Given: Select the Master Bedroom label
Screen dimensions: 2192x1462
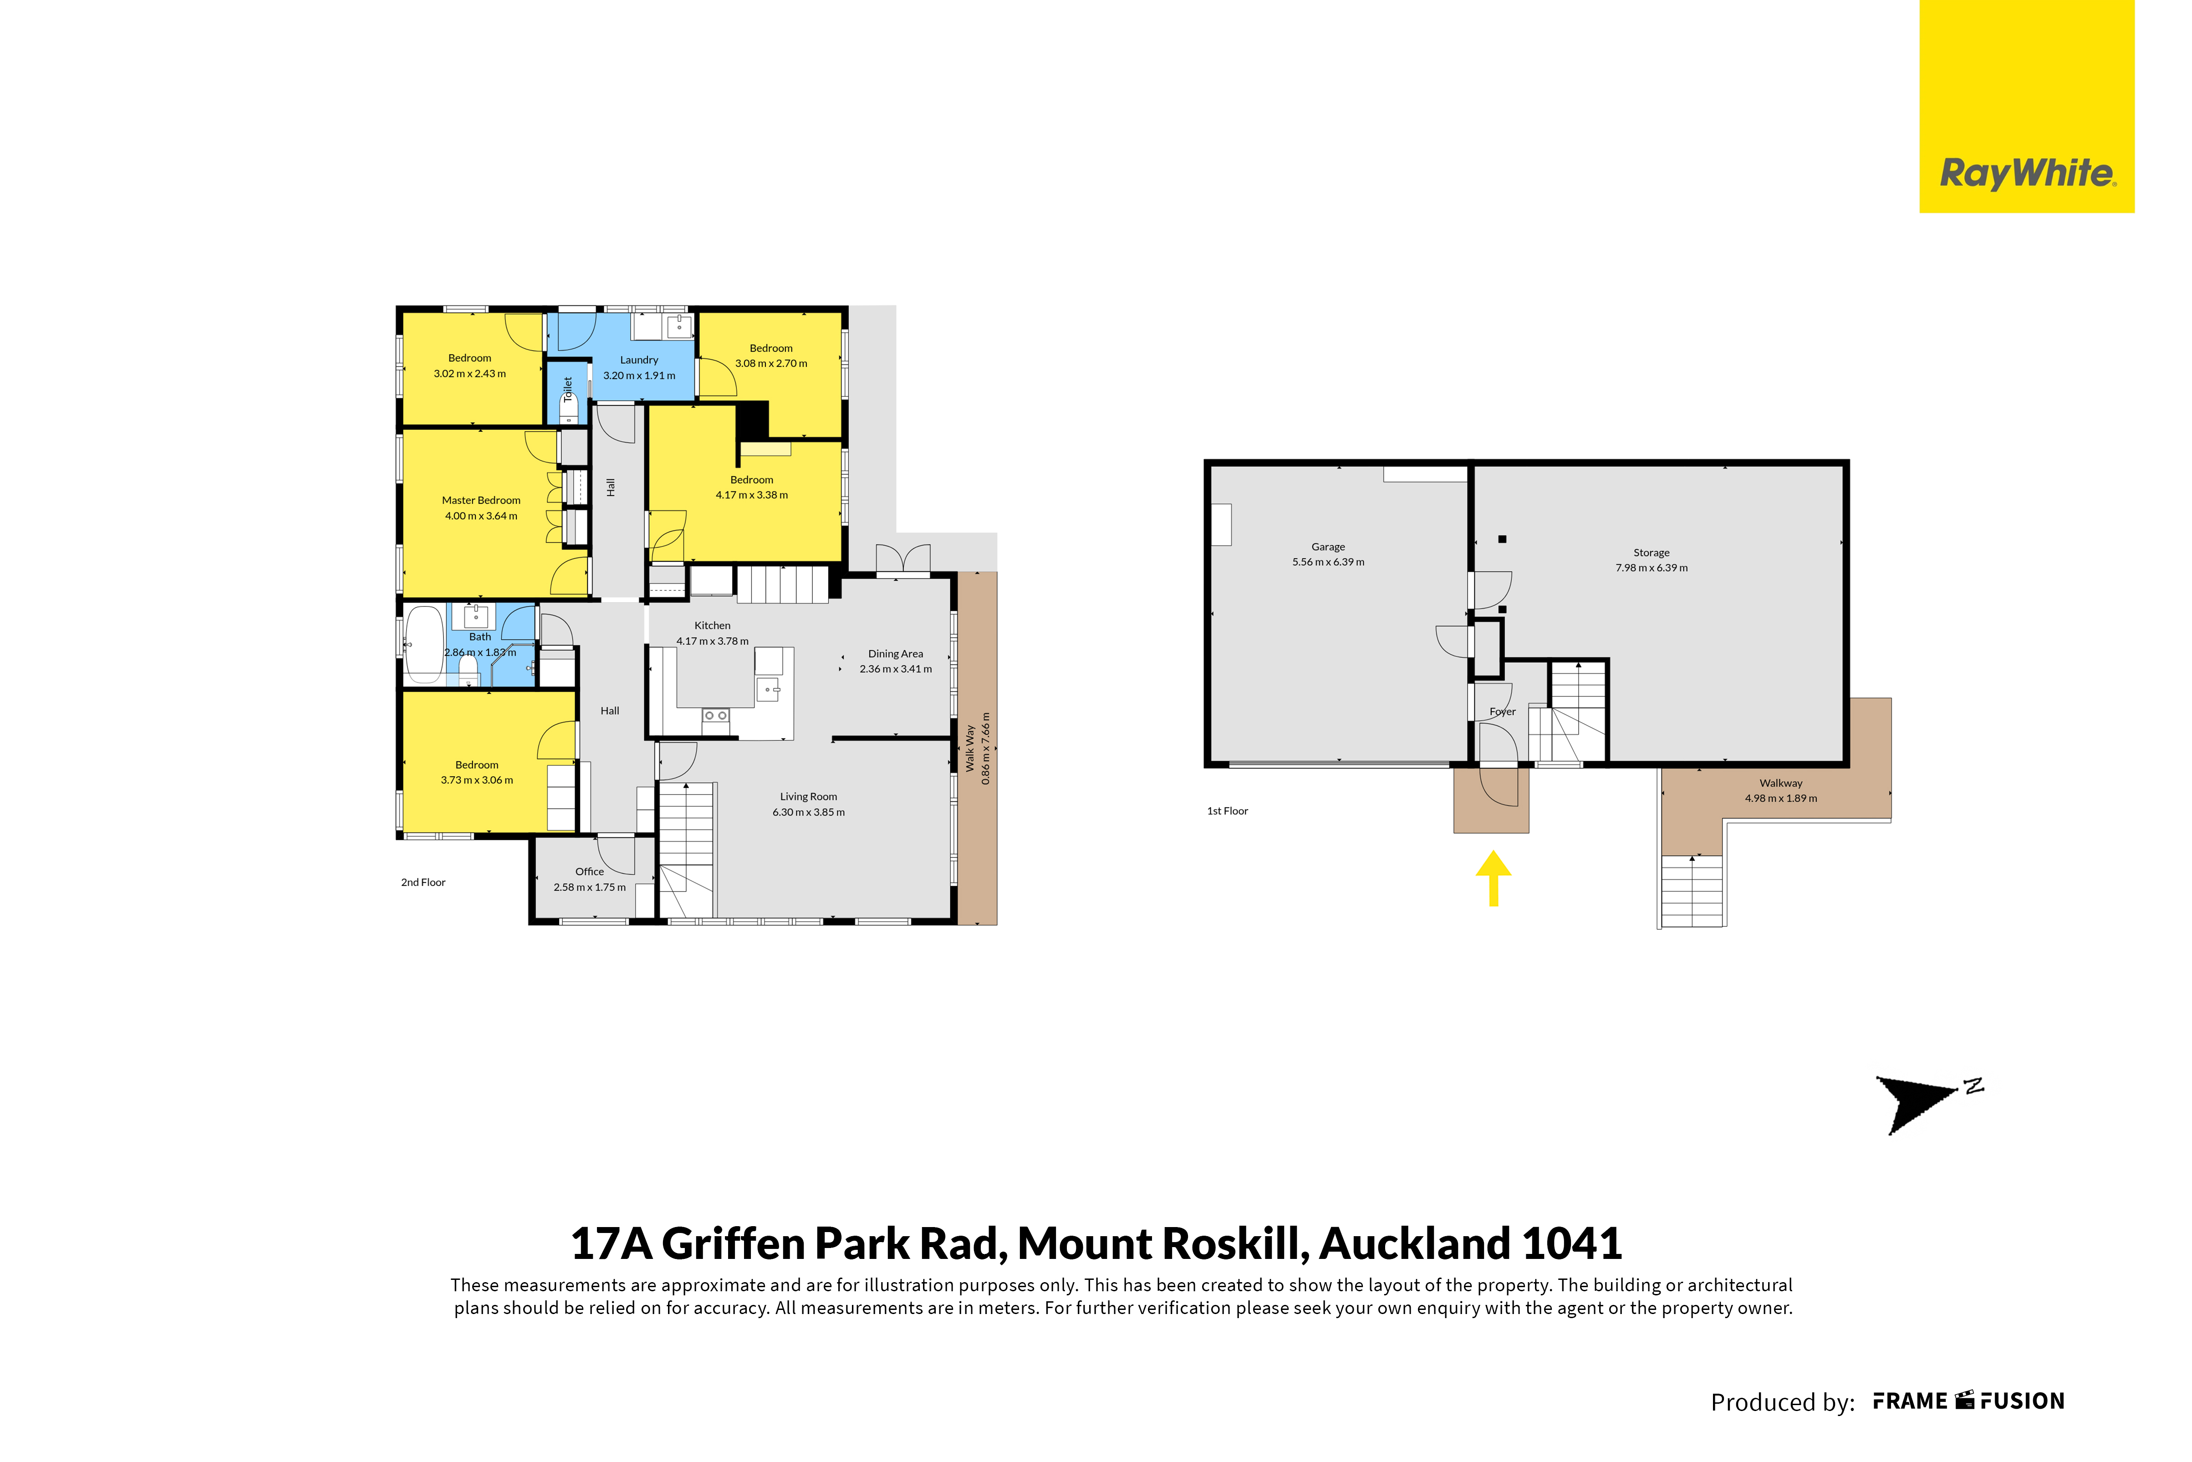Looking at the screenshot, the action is [481, 501].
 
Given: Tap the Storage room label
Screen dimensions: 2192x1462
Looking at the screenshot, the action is [1651, 553].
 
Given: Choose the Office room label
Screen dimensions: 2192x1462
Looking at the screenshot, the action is [589, 872].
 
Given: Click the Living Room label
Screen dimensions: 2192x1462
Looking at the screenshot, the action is [808, 797].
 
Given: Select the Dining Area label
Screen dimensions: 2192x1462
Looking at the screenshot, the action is [895, 654].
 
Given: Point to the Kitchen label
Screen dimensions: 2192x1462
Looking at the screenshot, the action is [712, 626].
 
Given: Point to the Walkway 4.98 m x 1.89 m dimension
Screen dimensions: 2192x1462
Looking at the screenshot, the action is [1781, 798].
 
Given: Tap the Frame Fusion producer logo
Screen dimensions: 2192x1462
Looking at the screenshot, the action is [1969, 1401].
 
